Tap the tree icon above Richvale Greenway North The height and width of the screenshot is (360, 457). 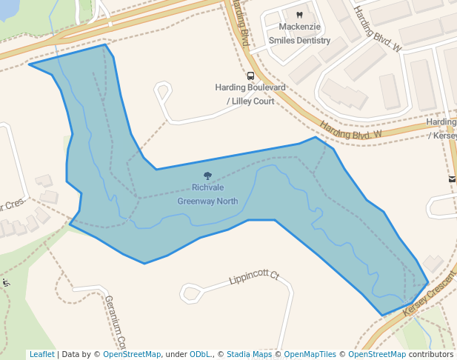(x=207, y=176)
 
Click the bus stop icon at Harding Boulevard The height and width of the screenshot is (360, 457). (x=250, y=76)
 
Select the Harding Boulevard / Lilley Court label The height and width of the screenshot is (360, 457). (x=250, y=94)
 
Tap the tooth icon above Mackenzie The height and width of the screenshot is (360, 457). (x=299, y=15)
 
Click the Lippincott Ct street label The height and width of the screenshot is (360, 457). (x=253, y=278)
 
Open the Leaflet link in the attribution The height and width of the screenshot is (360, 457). (x=41, y=355)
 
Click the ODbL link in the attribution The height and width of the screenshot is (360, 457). (x=200, y=355)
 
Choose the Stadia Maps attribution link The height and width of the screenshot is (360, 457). (x=249, y=355)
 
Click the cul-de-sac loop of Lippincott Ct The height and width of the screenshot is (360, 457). (x=189, y=293)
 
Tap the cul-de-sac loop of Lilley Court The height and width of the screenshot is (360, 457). (x=163, y=92)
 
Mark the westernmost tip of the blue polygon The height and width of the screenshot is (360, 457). (x=29, y=64)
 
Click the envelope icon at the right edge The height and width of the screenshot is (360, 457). (x=452, y=179)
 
